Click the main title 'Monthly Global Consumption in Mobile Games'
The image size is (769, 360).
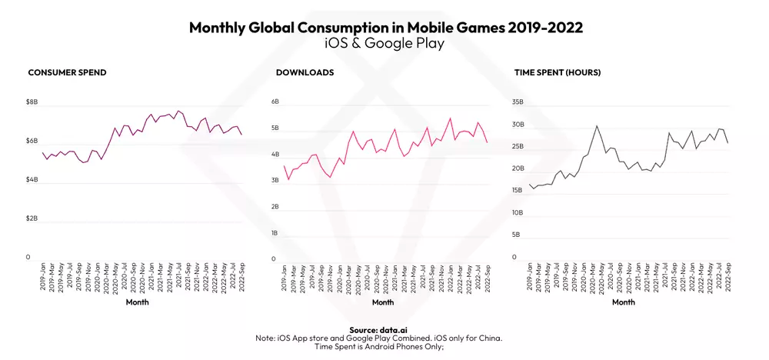(384, 28)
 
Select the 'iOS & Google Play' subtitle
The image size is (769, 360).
(384, 44)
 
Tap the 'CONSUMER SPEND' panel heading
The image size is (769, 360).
(67, 72)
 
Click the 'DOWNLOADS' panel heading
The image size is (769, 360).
(305, 72)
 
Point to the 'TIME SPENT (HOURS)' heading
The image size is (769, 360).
(558, 72)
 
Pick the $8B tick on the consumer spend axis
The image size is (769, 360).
(32, 102)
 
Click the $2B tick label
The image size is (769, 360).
(32, 218)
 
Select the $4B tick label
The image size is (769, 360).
(32, 179)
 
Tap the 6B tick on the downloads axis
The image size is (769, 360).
(274, 102)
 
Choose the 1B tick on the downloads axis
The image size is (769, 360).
(274, 233)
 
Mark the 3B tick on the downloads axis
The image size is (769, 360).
(274, 181)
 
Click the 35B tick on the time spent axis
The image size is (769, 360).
(518, 102)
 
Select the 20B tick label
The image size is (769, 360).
(518, 168)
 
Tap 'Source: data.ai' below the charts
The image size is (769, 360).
(384, 329)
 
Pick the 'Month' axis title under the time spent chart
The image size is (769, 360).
(624, 302)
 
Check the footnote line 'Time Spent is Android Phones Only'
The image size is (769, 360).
(384, 346)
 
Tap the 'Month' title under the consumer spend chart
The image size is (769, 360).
(138, 302)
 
